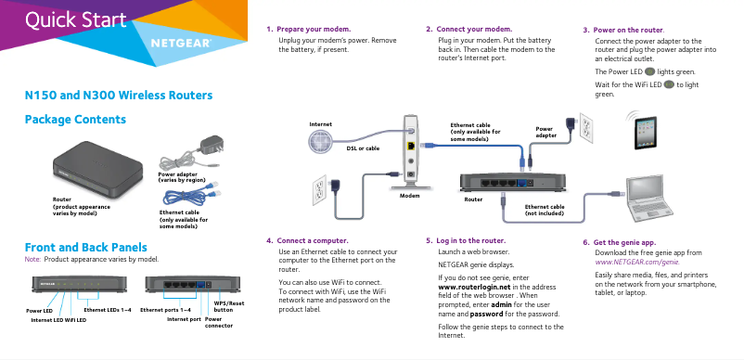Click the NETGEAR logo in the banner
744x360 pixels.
click(x=180, y=44)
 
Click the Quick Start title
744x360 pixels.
click(x=75, y=20)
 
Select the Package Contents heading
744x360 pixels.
click(x=75, y=120)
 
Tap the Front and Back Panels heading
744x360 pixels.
click(x=85, y=247)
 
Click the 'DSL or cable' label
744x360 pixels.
click(x=362, y=148)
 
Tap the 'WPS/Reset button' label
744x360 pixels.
click(x=229, y=306)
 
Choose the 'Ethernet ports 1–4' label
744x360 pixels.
click(x=165, y=309)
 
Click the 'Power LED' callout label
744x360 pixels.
click(x=39, y=310)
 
